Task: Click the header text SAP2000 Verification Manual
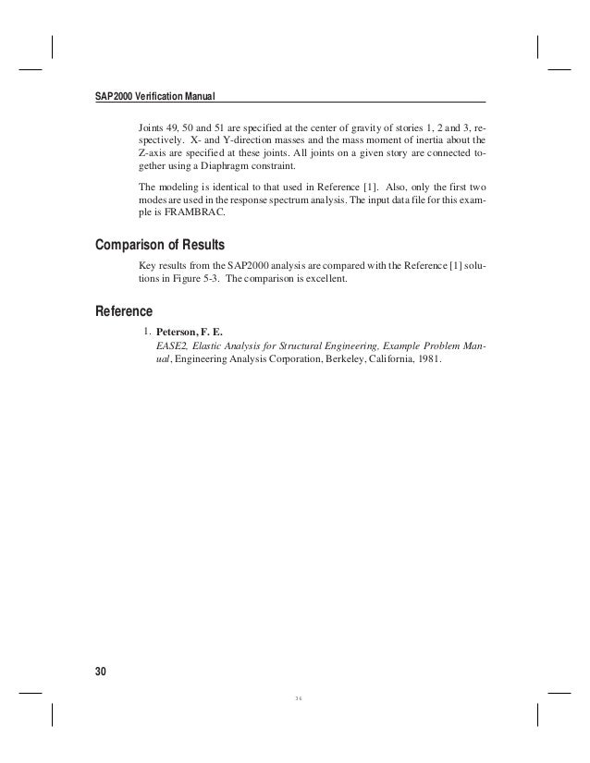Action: click(x=154, y=96)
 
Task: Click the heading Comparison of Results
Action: click(x=163, y=246)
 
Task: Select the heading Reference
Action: click(x=125, y=309)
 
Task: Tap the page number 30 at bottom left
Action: click(x=102, y=671)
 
